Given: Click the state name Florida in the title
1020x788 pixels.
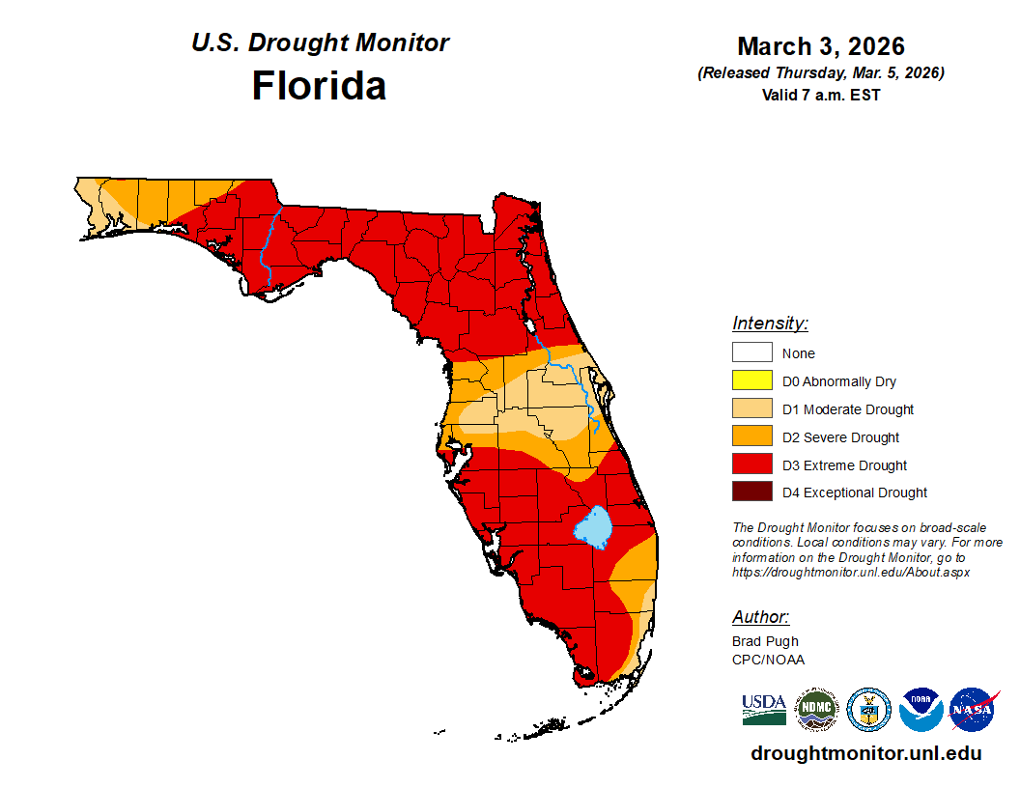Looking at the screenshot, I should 319,86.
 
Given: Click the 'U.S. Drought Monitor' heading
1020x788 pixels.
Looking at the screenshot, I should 320,43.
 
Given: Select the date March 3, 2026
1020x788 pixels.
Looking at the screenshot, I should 820,46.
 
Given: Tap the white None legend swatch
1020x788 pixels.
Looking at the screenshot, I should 751,353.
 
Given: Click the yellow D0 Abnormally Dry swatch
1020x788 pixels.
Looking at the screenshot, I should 751,381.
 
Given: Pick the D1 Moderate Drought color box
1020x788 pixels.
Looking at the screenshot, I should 751,409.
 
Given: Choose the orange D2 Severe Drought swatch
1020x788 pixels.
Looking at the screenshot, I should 751,437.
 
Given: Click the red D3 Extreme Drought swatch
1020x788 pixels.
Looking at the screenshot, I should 751,465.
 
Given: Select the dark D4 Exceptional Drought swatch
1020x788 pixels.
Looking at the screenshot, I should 751,492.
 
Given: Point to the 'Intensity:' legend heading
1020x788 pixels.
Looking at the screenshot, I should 770,324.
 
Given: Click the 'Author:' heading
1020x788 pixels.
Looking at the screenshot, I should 760,617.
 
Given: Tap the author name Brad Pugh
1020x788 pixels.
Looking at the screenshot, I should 765,641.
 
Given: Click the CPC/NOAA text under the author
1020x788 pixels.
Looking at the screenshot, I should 768,660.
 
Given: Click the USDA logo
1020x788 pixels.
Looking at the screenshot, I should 763,710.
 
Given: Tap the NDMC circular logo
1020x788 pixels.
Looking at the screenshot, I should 816,710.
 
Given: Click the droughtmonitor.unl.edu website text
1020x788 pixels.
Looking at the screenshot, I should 865,754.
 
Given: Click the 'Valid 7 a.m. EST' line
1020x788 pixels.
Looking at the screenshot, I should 820,95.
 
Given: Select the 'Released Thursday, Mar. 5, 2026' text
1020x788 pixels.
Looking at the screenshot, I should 820,73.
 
